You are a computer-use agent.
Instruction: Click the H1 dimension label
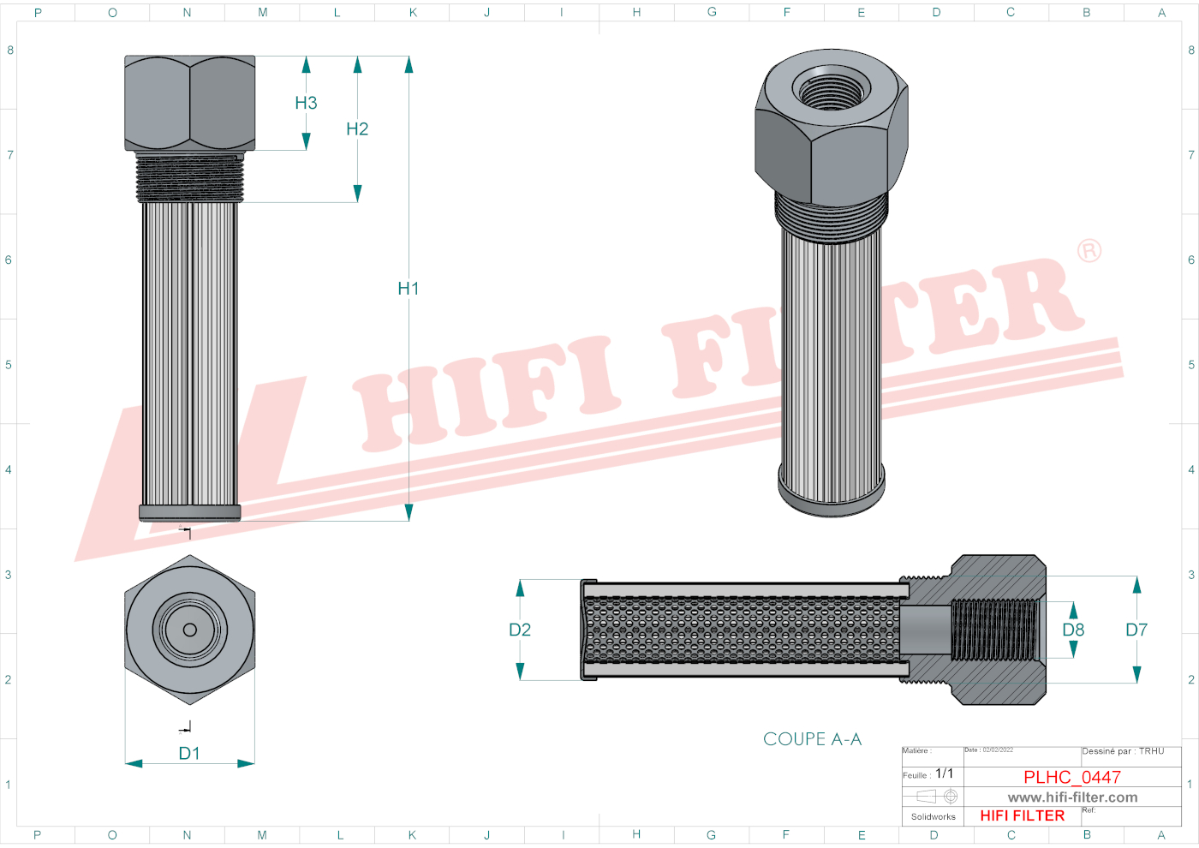pos(409,289)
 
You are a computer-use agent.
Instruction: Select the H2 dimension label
pos(357,129)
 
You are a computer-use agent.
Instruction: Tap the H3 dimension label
pos(306,103)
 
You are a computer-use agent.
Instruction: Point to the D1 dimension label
pos(189,754)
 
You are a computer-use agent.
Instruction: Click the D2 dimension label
pos(520,630)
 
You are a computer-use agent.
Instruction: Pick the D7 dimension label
pos(1136,630)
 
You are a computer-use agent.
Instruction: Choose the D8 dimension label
pos(1073,630)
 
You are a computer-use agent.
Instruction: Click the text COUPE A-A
pos(812,739)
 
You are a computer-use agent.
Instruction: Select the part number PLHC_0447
pos(1072,777)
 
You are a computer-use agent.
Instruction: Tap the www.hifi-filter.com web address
pos(1072,797)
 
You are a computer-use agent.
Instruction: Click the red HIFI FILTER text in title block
pos(1022,815)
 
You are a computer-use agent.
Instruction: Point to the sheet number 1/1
pos(944,773)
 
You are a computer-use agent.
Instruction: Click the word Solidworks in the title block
pos(933,817)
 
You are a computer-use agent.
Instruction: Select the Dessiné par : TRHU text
pos(1123,751)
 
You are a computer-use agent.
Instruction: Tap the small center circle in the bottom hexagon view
pos(190,630)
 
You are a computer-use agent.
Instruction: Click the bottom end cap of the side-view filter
pos(190,513)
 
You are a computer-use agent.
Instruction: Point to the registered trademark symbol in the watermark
pos(1089,251)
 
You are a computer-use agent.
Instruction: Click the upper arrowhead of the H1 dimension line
pos(409,65)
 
